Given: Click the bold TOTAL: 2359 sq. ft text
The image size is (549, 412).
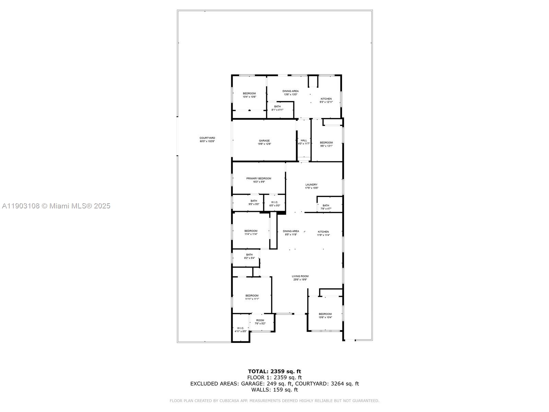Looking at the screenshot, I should [274, 371].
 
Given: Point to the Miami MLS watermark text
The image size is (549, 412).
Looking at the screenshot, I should [56, 206].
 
